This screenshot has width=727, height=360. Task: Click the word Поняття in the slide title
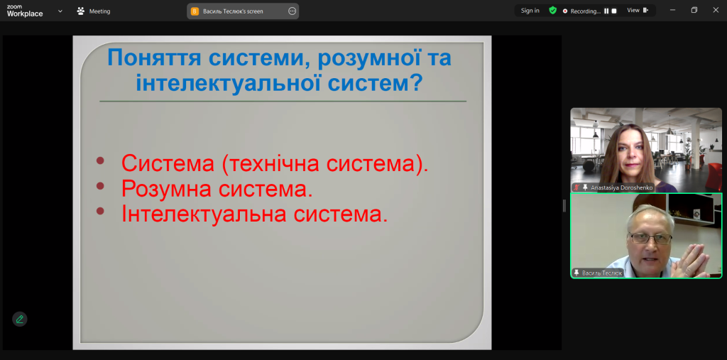(x=154, y=58)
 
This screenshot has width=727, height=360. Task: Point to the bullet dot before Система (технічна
(x=100, y=160)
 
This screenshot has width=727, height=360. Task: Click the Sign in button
(x=530, y=11)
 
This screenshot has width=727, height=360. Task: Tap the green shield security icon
(x=552, y=10)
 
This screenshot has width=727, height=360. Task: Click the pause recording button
(x=606, y=11)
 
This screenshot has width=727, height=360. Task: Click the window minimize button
(x=673, y=10)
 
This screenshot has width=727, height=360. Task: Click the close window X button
(x=716, y=10)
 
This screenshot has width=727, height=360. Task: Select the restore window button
(x=694, y=10)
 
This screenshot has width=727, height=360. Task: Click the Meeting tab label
(x=99, y=11)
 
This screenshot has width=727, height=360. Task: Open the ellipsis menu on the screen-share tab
(x=292, y=11)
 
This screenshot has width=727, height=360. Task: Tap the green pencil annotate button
(x=19, y=320)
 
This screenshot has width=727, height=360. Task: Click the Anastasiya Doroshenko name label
(x=622, y=187)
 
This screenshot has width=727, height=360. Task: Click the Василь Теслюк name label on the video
(x=602, y=273)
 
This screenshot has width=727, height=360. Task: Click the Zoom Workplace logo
(x=25, y=11)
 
